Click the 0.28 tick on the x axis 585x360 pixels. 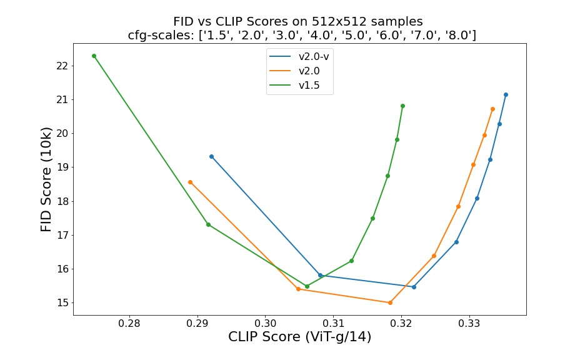(129, 324)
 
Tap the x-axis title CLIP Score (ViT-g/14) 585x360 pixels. (299, 337)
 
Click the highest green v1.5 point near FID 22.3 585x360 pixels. (94, 56)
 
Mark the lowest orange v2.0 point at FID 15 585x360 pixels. (390, 302)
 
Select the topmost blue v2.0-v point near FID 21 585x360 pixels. (506, 94)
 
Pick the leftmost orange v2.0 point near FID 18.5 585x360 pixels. (190, 182)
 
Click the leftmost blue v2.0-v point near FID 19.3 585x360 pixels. (211, 156)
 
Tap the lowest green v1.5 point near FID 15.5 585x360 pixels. (307, 286)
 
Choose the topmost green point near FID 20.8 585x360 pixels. (402, 106)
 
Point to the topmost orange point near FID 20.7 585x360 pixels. (492, 109)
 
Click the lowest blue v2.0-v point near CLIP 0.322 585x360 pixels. (414, 287)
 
